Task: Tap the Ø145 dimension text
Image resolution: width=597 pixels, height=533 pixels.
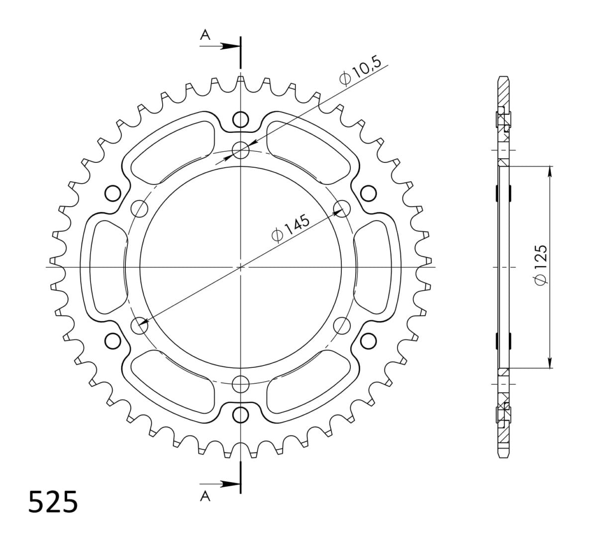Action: pos(291,228)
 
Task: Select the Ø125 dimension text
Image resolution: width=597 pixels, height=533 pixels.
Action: pos(540,266)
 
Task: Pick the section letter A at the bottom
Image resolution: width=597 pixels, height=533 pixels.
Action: pos(204,494)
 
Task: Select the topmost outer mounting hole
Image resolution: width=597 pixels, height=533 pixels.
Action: pos(240,119)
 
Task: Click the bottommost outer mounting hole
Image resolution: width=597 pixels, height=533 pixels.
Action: pos(240,414)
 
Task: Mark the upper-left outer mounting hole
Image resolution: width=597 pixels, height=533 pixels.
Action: pos(113,193)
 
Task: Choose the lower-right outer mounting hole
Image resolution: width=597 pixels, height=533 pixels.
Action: pos(368,340)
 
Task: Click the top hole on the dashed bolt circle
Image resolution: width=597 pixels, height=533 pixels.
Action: pos(241,150)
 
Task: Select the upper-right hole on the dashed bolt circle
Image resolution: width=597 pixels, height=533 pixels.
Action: pos(341,208)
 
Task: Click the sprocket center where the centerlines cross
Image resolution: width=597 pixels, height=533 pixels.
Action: pos(241,267)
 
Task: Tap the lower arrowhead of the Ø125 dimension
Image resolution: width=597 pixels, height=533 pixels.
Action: pos(549,363)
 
